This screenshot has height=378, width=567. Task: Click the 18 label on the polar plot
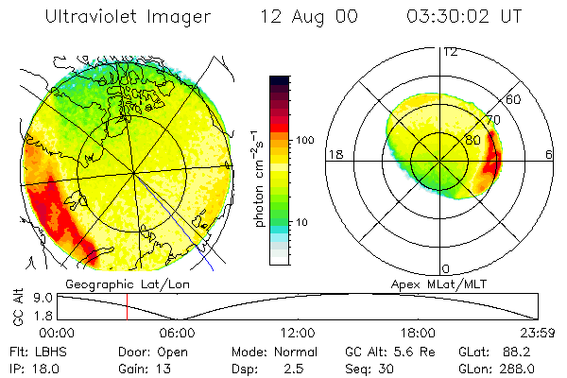tap(334, 154)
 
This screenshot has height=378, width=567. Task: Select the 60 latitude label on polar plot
tap(514, 99)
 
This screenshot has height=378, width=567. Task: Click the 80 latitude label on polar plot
tap(473, 140)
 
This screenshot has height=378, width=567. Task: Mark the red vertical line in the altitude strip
tap(127, 306)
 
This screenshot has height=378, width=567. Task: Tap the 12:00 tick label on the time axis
tap(298, 333)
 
